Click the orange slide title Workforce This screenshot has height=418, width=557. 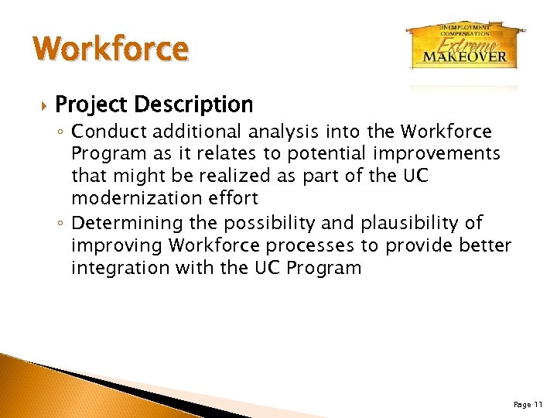click(111, 49)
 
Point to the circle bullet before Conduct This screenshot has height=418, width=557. click(62, 133)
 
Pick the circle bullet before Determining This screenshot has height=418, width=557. click(62, 224)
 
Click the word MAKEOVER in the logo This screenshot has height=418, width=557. click(465, 56)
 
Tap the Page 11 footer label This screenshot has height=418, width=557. click(528, 404)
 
